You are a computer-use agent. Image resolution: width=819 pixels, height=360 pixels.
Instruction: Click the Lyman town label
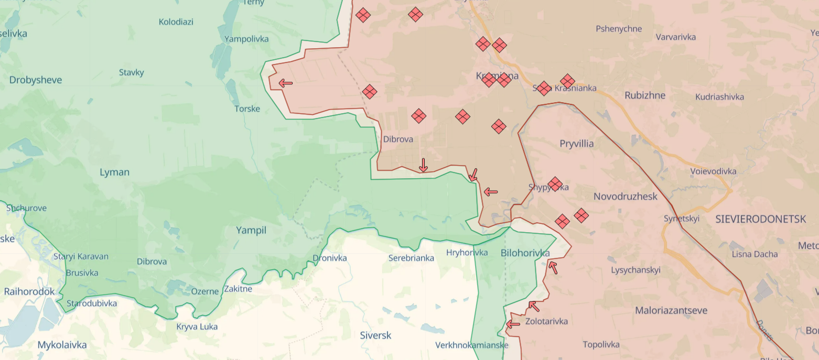point(114,172)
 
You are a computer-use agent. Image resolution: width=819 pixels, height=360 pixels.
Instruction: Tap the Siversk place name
point(375,335)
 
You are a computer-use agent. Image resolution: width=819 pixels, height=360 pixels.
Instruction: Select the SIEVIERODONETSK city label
point(760,220)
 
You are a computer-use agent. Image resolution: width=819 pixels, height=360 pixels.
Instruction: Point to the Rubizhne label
point(645,95)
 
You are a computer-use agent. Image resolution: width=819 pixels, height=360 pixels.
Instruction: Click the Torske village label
point(247,108)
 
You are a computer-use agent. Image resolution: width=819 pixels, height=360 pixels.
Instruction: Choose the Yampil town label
point(251,230)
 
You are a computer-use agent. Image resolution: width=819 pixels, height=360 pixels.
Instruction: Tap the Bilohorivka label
point(525,253)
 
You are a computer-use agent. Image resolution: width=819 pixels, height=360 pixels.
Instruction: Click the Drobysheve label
point(36,80)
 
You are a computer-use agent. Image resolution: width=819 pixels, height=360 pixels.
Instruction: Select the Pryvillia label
point(577,143)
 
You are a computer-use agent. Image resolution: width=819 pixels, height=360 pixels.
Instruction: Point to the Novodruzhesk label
point(626,197)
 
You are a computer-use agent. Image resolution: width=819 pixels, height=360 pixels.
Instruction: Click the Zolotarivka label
point(546,321)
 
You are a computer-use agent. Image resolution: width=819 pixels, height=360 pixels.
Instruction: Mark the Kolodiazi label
point(176,21)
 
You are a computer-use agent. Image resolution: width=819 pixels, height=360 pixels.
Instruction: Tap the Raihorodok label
point(29,291)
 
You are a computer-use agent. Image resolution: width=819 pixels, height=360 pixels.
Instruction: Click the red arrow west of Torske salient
point(285,83)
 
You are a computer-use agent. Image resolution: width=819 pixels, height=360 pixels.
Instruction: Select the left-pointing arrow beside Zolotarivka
point(513,324)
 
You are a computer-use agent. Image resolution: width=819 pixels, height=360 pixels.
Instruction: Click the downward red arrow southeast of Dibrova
point(423,165)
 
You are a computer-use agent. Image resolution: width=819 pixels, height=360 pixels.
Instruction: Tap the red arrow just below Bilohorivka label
point(553,268)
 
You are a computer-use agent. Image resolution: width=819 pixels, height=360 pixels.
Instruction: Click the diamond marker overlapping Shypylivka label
point(555,184)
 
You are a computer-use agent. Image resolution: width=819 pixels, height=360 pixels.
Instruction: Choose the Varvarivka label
point(676,37)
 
